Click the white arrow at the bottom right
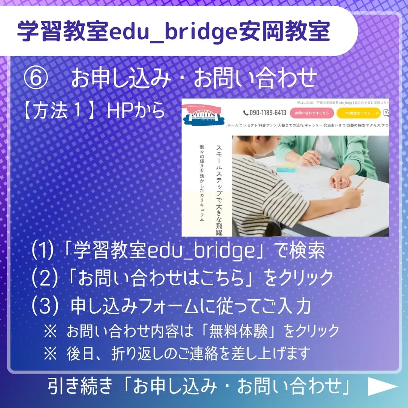[383, 386]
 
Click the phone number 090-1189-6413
[265, 113]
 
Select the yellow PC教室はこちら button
[358, 113]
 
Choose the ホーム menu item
[233, 125]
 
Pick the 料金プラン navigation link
[268, 125]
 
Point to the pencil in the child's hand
[361, 184]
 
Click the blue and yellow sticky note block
[286, 167]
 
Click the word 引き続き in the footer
[80, 386]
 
